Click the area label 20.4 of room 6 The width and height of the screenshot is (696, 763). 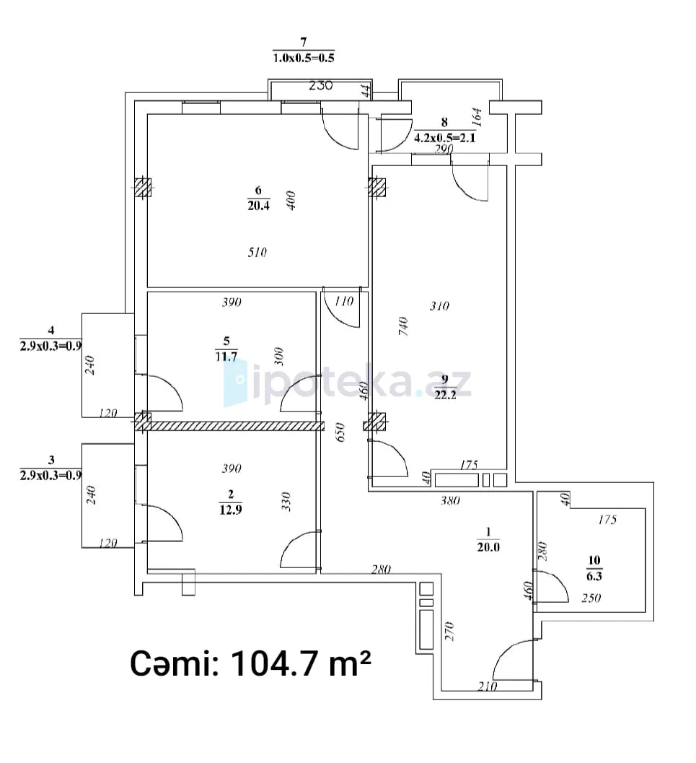pyautogui.click(x=258, y=206)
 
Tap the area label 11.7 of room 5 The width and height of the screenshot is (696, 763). pyautogui.click(x=226, y=357)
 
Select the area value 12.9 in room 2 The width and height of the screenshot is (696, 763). pyautogui.click(x=230, y=510)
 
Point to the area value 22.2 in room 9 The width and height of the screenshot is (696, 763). pyautogui.click(x=445, y=395)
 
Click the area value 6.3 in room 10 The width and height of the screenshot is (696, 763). pyautogui.click(x=594, y=577)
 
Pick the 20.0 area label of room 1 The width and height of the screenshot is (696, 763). pyautogui.click(x=488, y=547)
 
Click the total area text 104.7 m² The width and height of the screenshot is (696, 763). pyautogui.click(x=301, y=663)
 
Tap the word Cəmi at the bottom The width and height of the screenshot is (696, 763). pyautogui.click(x=174, y=663)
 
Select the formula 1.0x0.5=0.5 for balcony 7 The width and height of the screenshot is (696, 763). pyautogui.click(x=304, y=58)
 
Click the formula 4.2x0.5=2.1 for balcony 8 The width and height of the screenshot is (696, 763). pyautogui.click(x=445, y=138)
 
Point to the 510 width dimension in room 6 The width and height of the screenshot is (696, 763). pyautogui.click(x=257, y=252)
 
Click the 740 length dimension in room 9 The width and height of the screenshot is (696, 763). pyautogui.click(x=403, y=326)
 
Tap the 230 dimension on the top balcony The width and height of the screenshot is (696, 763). pyautogui.click(x=321, y=86)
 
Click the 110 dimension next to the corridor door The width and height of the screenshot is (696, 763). pyautogui.click(x=343, y=302)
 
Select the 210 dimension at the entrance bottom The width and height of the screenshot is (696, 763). pyautogui.click(x=487, y=686)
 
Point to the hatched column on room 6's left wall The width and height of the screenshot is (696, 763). pyautogui.click(x=143, y=187)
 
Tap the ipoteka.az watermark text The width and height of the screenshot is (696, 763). pyautogui.click(x=348, y=383)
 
